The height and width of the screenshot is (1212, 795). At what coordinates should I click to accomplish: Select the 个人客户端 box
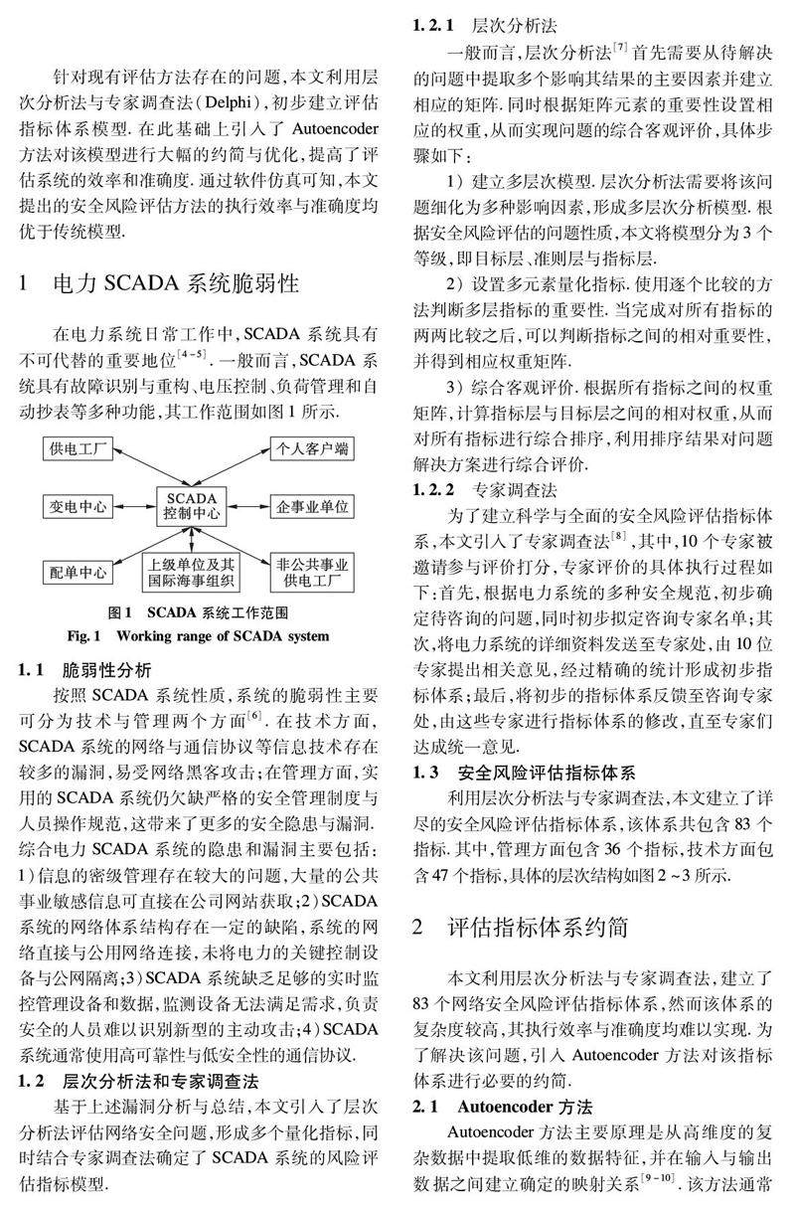311,448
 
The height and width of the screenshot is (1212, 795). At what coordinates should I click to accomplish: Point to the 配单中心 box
79,572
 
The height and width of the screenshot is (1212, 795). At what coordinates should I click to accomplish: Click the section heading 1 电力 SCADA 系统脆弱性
159,285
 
